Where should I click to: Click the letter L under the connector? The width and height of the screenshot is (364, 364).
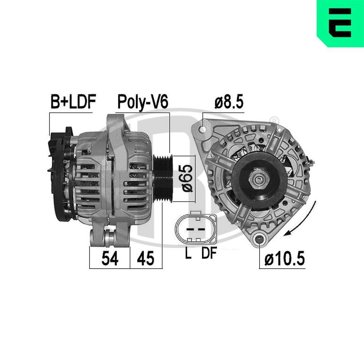pyautogui.click(x=188, y=254)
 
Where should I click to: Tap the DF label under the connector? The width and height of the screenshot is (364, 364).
pyautogui.click(x=209, y=254)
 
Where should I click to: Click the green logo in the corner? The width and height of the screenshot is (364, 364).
pyautogui.click(x=340, y=23)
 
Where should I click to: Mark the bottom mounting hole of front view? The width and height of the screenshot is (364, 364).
pyautogui.click(x=259, y=240)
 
